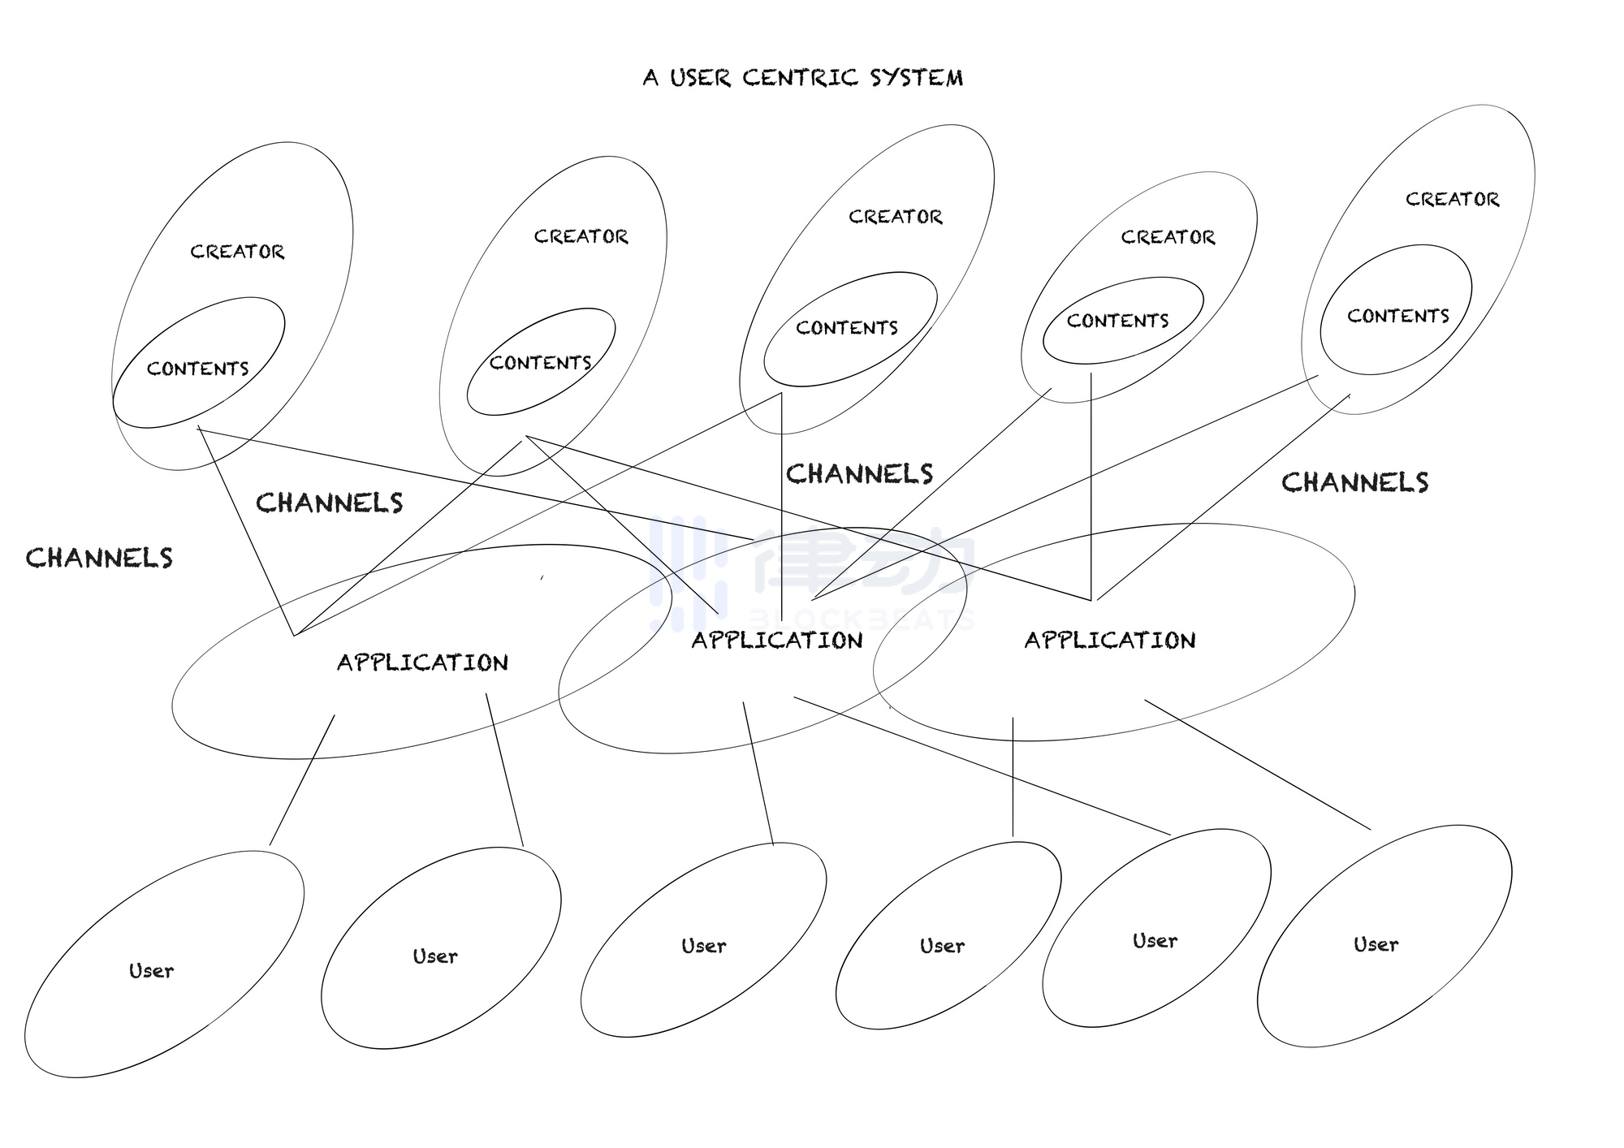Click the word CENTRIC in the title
pos(800,78)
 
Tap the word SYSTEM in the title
pos(917,78)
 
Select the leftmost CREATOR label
pos(237,252)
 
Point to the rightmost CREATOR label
pos(1452,199)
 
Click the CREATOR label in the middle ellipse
pos(895,217)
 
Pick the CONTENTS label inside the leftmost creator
pos(197,369)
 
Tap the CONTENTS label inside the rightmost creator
pos(1397,316)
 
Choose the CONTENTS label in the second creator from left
pos(540,363)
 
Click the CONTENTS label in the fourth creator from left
pos(1117,321)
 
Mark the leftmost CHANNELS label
pos(99,558)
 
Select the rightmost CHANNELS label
pos(1354,482)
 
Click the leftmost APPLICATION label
pos(422,662)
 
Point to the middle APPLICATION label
pos(776,641)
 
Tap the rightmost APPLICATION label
pos(1109,641)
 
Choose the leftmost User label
pos(151,971)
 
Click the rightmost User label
pos(1376,944)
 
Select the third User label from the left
pos(703,946)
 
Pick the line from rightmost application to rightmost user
pos(1257,765)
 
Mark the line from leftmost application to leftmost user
pos(302,779)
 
